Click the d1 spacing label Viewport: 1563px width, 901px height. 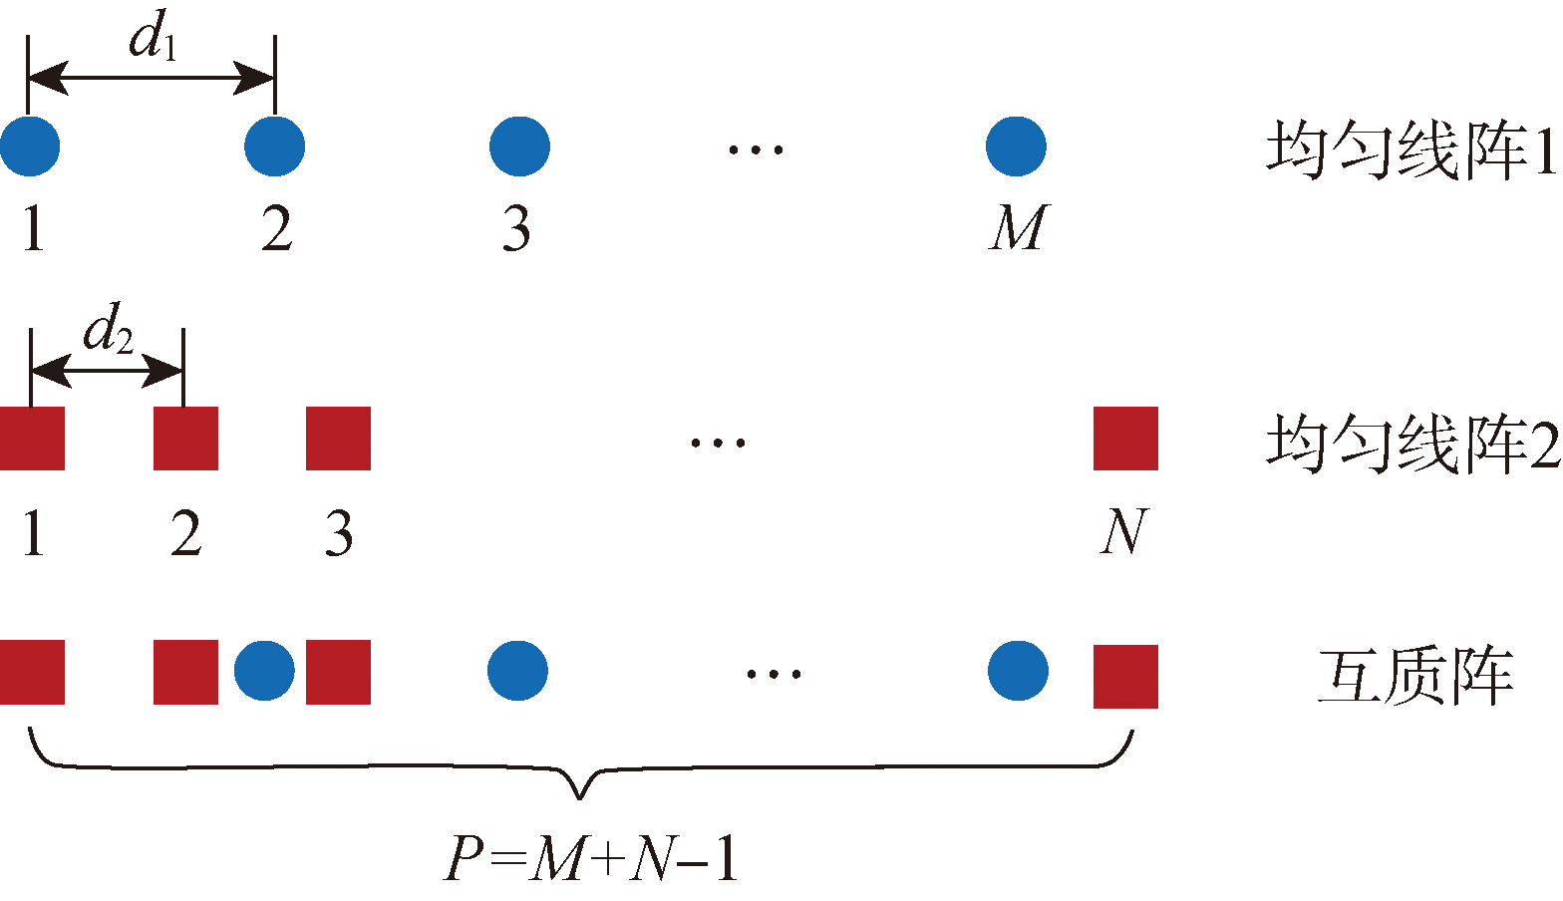coord(153,40)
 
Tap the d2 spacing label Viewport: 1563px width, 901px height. coord(108,332)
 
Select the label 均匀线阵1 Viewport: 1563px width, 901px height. coord(1410,150)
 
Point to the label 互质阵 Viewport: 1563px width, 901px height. coord(1415,677)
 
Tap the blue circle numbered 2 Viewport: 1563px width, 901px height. coord(274,147)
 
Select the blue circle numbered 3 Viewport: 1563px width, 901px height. coord(519,147)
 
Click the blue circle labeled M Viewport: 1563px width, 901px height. coord(1016,147)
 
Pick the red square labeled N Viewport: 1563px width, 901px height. coord(1125,439)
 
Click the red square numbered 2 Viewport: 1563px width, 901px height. coord(185,439)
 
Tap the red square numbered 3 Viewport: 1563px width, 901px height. coord(338,439)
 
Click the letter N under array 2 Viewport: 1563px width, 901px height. coord(1124,532)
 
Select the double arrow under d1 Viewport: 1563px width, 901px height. coord(151,78)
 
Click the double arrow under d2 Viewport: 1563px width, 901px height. coord(108,371)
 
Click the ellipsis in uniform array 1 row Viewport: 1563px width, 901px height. coord(756,150)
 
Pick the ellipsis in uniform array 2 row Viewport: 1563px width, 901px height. coord(719,443)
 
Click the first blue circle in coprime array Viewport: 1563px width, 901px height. coord(264,671)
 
